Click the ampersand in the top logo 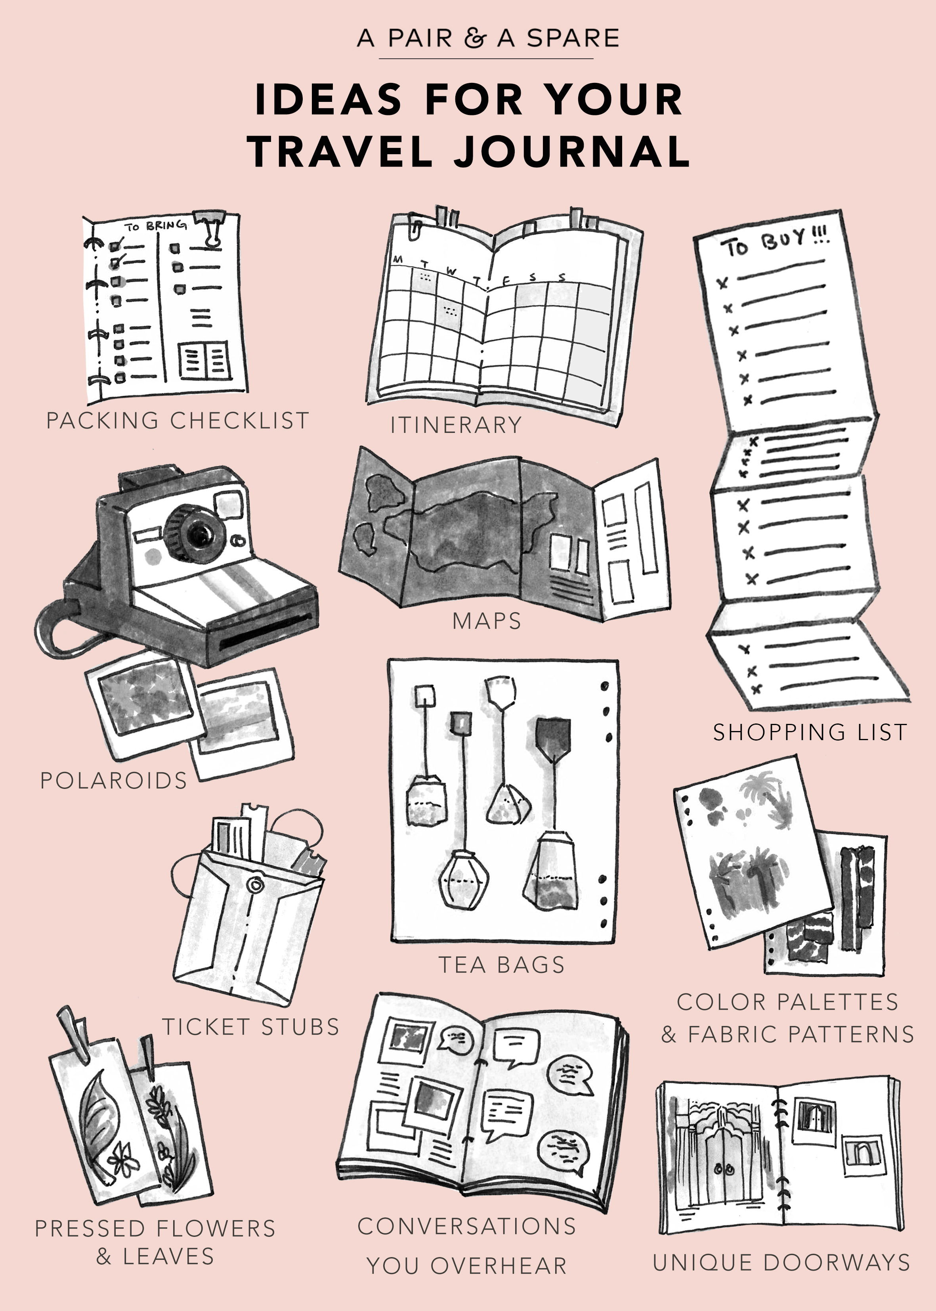[x=475, y=38]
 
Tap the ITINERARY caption [x=456, y=425]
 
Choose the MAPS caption [x=487, y=621]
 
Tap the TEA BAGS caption [x=501, y=965]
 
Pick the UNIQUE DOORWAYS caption [x=781, y=1263]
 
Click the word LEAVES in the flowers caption [x=168, y=1256]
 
